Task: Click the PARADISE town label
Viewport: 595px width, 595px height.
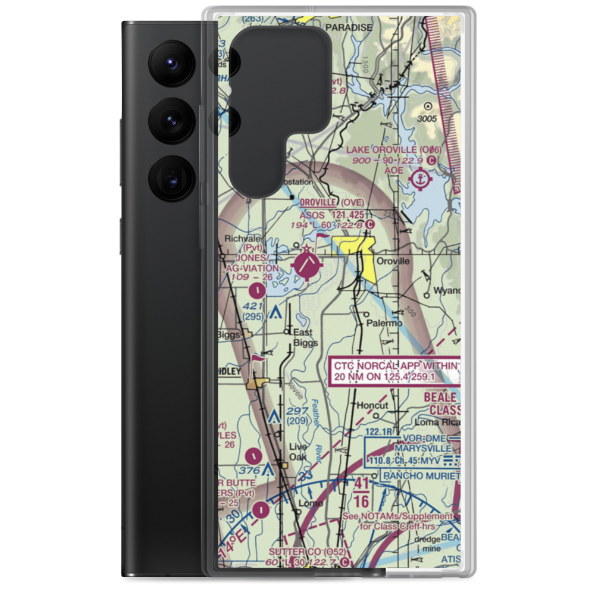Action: pos(348,27)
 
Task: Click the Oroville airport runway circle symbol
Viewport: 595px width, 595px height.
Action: pos(308,266)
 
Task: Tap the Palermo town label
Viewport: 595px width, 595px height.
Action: pos(384,323)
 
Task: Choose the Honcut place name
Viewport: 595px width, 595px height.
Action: pos(372,405)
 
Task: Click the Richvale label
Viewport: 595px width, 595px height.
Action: pos(238,239)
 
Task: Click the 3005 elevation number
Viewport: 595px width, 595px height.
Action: pos(443,119)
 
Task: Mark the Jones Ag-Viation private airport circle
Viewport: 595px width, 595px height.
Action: pos(256,291)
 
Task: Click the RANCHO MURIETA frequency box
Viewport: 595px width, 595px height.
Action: pos(421,475)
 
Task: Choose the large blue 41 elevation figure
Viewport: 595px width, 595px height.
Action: pos(361,483)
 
